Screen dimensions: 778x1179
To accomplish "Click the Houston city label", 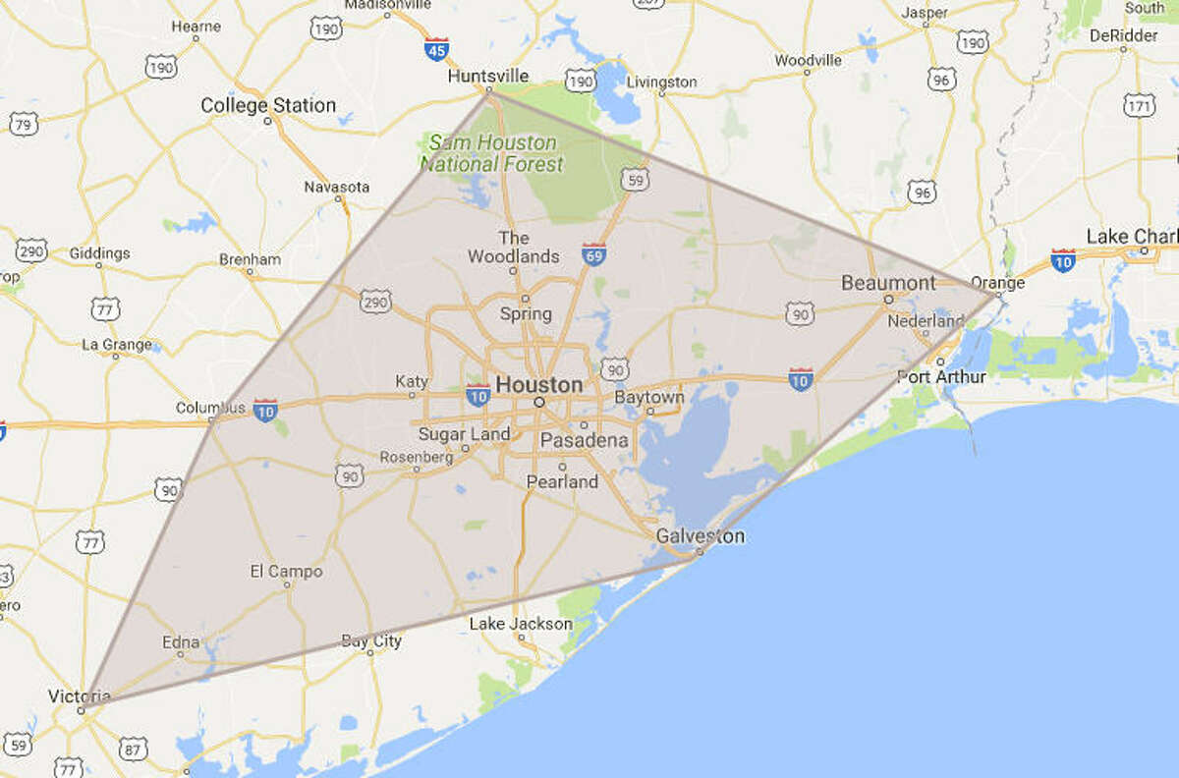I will (x=538, y=385).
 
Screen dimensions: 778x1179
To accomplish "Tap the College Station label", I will (x=267, y=105).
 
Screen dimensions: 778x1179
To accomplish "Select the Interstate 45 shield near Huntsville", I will (x=438, y=47).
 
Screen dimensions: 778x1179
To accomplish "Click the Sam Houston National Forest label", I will (x=492, y=153).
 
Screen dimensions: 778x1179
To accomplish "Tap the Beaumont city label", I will (x=888, y=283).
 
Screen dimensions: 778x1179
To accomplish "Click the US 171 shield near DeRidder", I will (x=1138, y=105).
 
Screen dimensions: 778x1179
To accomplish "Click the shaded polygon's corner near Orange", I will (x=995, y=294).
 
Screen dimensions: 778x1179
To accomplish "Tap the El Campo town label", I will (x=286, y=571).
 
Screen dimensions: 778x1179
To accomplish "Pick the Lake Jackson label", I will (x=520, y=623).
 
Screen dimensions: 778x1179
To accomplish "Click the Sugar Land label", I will (x=464, y=434).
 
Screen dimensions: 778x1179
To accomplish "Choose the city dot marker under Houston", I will (x=538, y=403).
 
